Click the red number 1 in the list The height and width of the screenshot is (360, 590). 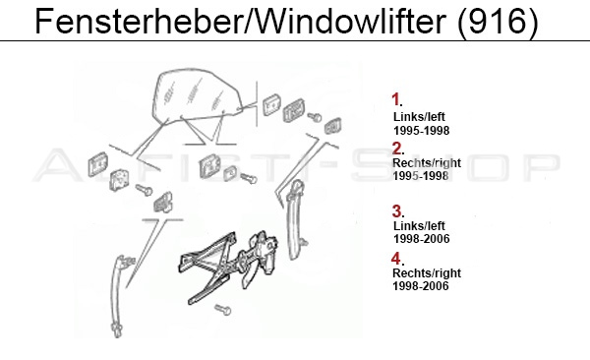(395, 99)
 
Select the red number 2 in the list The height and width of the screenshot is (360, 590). (397, 149)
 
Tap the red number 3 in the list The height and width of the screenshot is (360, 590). (397, 211)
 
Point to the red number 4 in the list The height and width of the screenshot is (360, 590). (396, 259)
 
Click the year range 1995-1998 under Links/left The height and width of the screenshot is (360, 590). (422, 131)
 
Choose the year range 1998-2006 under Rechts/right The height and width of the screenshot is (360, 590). (421, 286)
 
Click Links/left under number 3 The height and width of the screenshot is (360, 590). (419, 226)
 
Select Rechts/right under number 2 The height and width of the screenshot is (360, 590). (427, 163)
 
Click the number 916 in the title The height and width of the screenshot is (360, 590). (498, 22)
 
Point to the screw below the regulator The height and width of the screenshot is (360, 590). (223, 310)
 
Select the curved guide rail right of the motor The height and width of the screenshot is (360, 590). (295, 220)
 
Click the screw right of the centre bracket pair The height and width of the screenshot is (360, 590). (249, 178)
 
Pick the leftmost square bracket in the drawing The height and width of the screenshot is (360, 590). (97, 164)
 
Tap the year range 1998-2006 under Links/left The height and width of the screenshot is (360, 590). (422, 239)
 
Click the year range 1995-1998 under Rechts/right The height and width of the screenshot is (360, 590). (421, 176)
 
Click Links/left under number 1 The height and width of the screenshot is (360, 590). (419, 117)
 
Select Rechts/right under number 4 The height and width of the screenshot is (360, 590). (427, 273)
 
